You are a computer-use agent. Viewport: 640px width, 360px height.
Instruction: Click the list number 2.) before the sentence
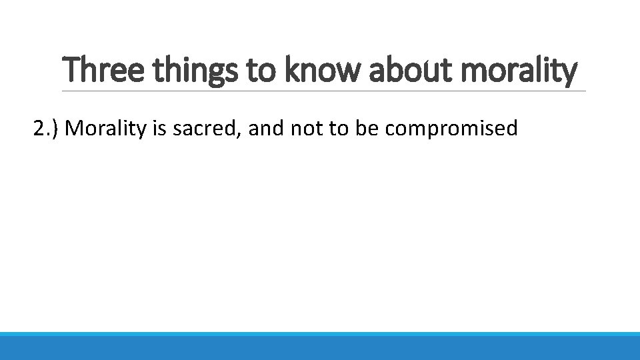coord(47,128)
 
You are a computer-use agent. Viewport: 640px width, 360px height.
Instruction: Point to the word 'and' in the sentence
coord(267,127)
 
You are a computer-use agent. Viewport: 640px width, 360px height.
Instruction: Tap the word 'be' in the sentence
coord(367,127)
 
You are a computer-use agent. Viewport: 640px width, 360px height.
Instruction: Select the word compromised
coord(451,128)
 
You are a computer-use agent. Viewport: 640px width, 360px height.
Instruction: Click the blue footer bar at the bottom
coord(320,346)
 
